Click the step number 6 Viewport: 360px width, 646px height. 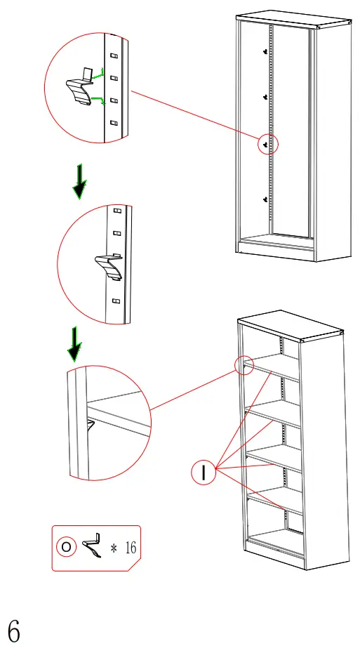coord(14,630)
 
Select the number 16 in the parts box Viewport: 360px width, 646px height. coord(131,546)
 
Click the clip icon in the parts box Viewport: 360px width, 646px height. coord(91,545)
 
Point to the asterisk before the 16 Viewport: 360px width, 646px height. coord(113,546)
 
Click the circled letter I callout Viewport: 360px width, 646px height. coord(204,473)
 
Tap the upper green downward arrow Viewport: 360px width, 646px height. coord(80,180)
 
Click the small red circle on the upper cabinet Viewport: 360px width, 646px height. coord(269,144)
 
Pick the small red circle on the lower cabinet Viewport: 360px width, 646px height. coord(244,365)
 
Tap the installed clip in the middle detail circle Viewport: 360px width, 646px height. coord(108,266)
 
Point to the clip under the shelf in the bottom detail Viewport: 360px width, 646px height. coord(90,426)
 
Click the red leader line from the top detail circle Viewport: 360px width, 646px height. coord(196,117)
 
